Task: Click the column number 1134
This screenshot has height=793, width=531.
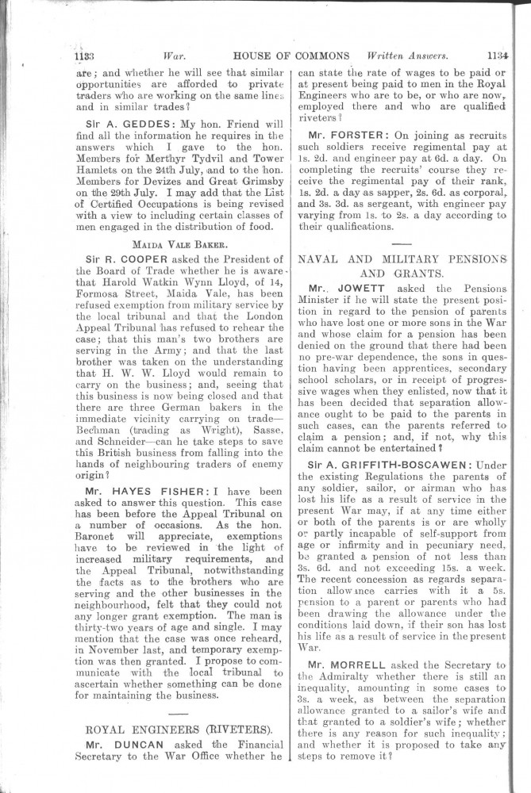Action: (x=497, y=57)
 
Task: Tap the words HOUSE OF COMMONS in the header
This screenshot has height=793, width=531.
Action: (x=291, y=57)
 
